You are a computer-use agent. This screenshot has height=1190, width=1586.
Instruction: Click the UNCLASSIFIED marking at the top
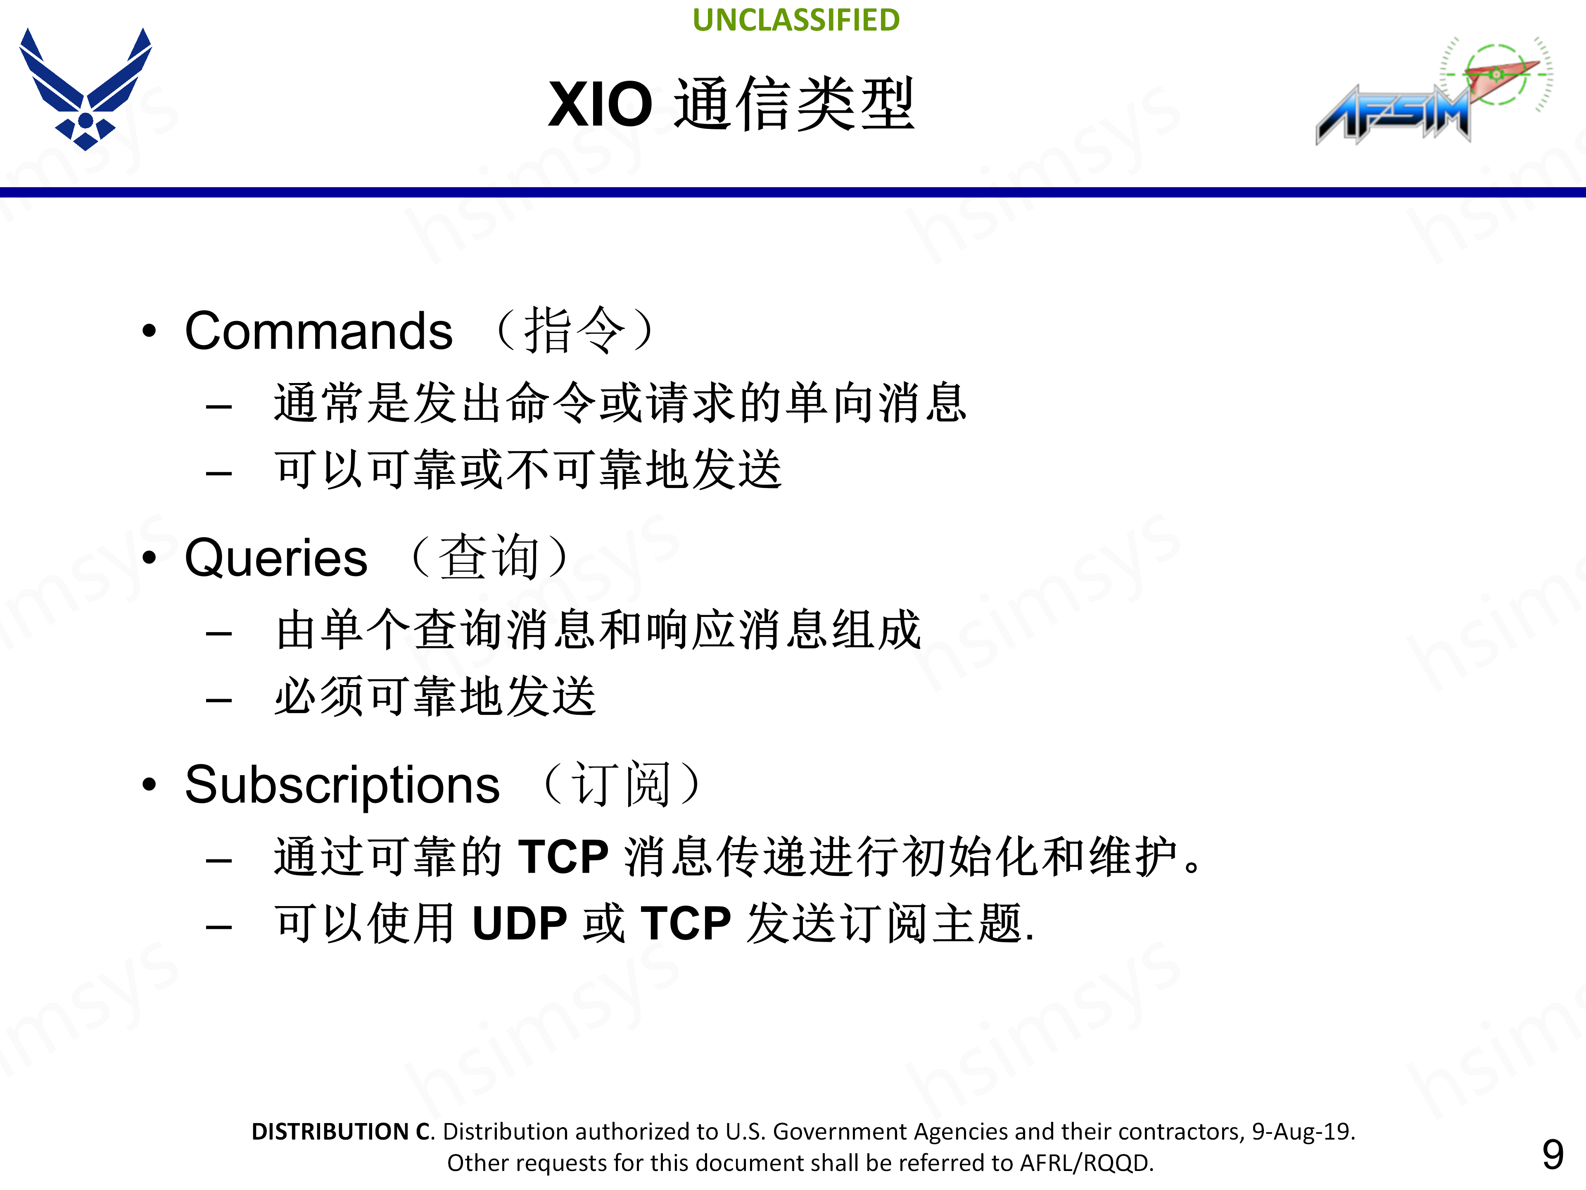pyautogui.click(x=796, y=20)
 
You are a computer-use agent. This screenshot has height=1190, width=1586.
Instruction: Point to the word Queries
pyautogui.click(x=275, y=558)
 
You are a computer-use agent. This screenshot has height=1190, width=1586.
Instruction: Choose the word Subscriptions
pyautogui.click(x=342, y=785)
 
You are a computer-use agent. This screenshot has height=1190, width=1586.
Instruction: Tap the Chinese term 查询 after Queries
pyautogui.click(x=489, y=557)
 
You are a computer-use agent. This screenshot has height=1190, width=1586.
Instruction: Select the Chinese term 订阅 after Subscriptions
pyautogui.click(x=621, y=783)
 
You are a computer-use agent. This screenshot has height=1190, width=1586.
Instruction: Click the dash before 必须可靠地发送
pyautogui.click(x=218, y=700)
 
